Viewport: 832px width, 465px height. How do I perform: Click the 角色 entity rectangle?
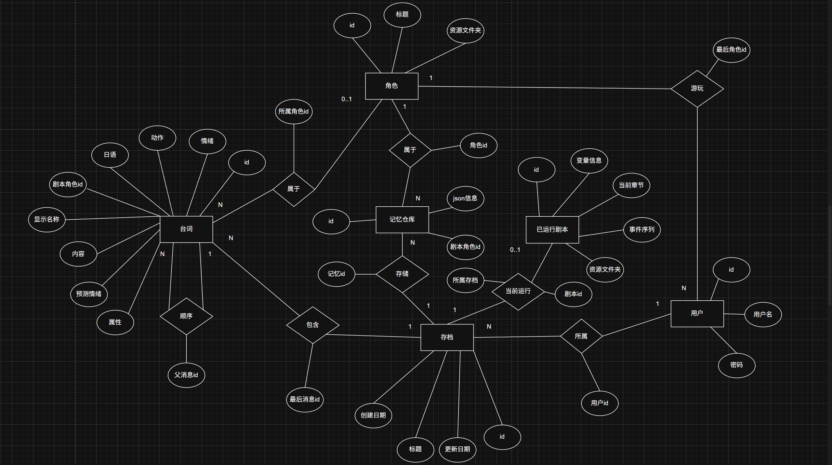coord(391,86)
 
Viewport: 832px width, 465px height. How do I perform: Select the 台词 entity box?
coord(186,229)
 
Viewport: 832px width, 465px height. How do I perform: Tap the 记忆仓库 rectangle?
coord(402,220)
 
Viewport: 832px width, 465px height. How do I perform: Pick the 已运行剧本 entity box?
coord(552,229)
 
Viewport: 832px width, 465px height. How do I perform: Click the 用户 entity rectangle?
coord(697,313)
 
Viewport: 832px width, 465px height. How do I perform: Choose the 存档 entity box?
coord(447,337)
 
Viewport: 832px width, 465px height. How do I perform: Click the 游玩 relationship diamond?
coord(697,89)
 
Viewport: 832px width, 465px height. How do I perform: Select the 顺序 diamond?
coord(186,316)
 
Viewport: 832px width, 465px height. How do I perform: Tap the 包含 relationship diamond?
coord(312,325)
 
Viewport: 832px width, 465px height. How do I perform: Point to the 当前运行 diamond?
coord(518,291)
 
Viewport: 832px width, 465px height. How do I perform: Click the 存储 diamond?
coord(402,274)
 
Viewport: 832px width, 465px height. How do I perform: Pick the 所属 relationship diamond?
coord(581,336)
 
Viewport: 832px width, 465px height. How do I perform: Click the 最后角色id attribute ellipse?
coord(731,50)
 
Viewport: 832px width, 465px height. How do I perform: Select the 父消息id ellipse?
coord(186,375)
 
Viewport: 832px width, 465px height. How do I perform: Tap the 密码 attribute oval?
coord(736,365)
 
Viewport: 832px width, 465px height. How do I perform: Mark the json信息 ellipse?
coord(465,198)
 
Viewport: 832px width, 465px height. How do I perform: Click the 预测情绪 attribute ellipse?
coord(89,294)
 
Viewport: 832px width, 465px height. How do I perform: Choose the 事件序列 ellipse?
coord(641,230)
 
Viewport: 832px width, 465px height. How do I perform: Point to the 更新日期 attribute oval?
coord(457,449)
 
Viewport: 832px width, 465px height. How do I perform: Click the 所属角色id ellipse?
coord(294,112)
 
